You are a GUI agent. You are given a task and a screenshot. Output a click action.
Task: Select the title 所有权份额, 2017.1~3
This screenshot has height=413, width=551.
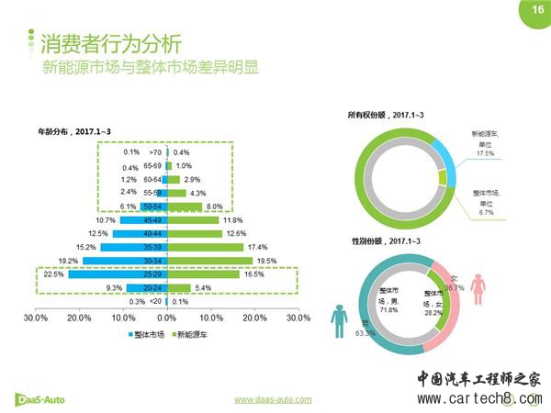385,115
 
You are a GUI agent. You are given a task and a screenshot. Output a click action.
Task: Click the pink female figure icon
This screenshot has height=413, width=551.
478,287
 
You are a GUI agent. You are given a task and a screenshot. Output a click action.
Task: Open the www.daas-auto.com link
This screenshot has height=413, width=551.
273,399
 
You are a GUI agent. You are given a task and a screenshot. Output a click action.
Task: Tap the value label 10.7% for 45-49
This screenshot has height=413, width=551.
106,220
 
